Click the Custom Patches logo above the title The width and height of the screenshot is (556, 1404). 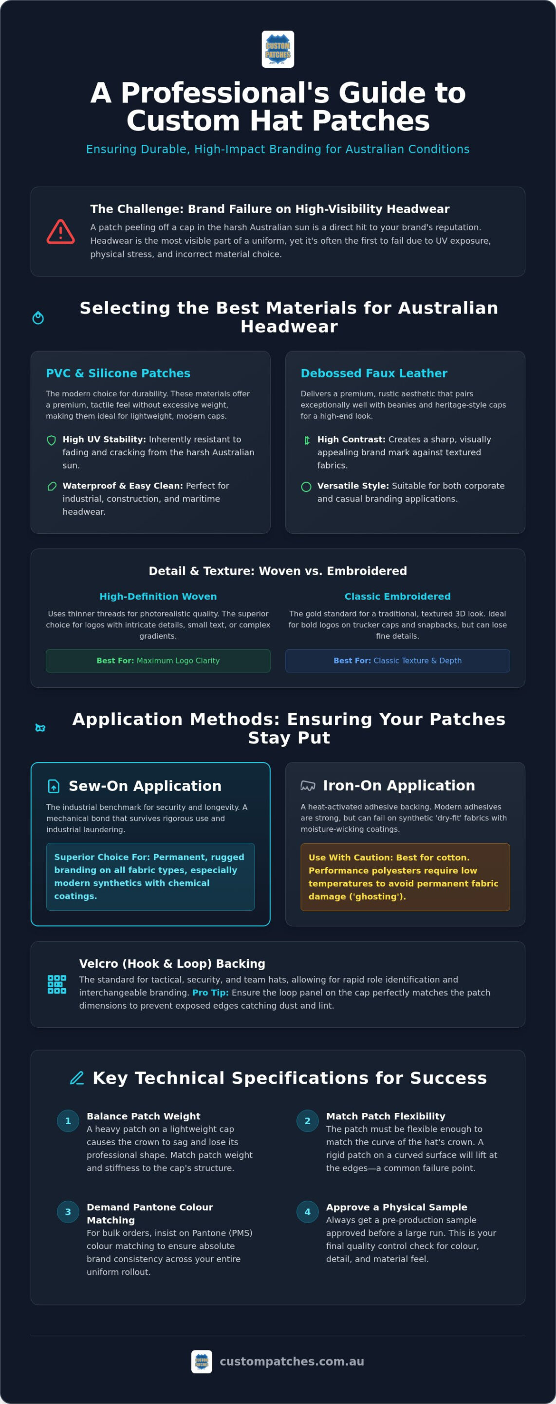[x=278, y=49]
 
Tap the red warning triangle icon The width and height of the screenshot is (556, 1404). [x=60, y=232]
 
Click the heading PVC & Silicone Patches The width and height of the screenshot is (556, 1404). [x=118, y=373]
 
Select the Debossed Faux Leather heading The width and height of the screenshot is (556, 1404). [x=374, y=373]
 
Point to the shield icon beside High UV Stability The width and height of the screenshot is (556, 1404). [x=52, y=440]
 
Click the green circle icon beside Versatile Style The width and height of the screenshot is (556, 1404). [x=307, y=487]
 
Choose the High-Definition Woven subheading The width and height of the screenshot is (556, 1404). [x=158, y=596]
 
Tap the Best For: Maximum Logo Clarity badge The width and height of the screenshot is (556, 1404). [x=158, y=661]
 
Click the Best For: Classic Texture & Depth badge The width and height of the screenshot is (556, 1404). [x=398, y=661]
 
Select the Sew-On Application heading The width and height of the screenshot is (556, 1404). [x=145, y=786]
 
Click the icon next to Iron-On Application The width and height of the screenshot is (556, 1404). [x=308, y=785]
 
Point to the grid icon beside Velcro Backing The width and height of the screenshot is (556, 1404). [x=56, y=984]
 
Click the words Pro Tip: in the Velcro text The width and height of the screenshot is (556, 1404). [x=210, y=993]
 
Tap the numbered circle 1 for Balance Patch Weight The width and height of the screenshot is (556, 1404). [x=68, y=1121]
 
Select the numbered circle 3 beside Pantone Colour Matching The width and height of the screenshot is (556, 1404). [x=68, y=1212]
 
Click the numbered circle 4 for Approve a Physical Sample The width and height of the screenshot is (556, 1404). [x=308, y=1212]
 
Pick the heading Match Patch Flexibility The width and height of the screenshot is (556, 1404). [x=386, y=1116]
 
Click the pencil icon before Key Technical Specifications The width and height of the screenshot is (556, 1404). [x=77, y=1078]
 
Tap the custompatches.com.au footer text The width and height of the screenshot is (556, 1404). [x=292, y=1362]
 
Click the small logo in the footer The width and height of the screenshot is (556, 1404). [x=202, y=1362]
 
